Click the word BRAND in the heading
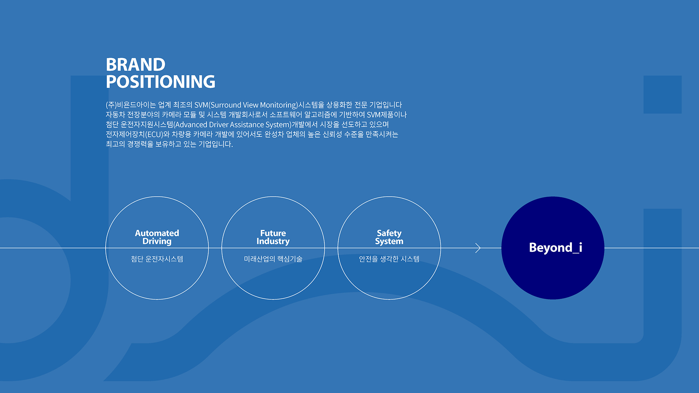coord(135,65)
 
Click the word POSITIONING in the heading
coord(161,82)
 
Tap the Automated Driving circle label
coord(157,237)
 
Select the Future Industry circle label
coord(273,237)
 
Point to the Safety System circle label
coord(389,237)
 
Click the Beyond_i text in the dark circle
coord(556,248)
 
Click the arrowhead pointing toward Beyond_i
coord(478,248)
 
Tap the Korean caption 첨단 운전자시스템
coord(157,259)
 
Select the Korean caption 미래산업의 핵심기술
coord(273,259)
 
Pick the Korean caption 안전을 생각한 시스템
coord(389,259)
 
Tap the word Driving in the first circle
coord(157,242)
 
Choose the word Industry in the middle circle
coord(273,241)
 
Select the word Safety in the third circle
coord(389,233)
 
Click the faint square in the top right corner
coord(663,95)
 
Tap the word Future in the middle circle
coord(273,233)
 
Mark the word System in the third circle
coord(389,242)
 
